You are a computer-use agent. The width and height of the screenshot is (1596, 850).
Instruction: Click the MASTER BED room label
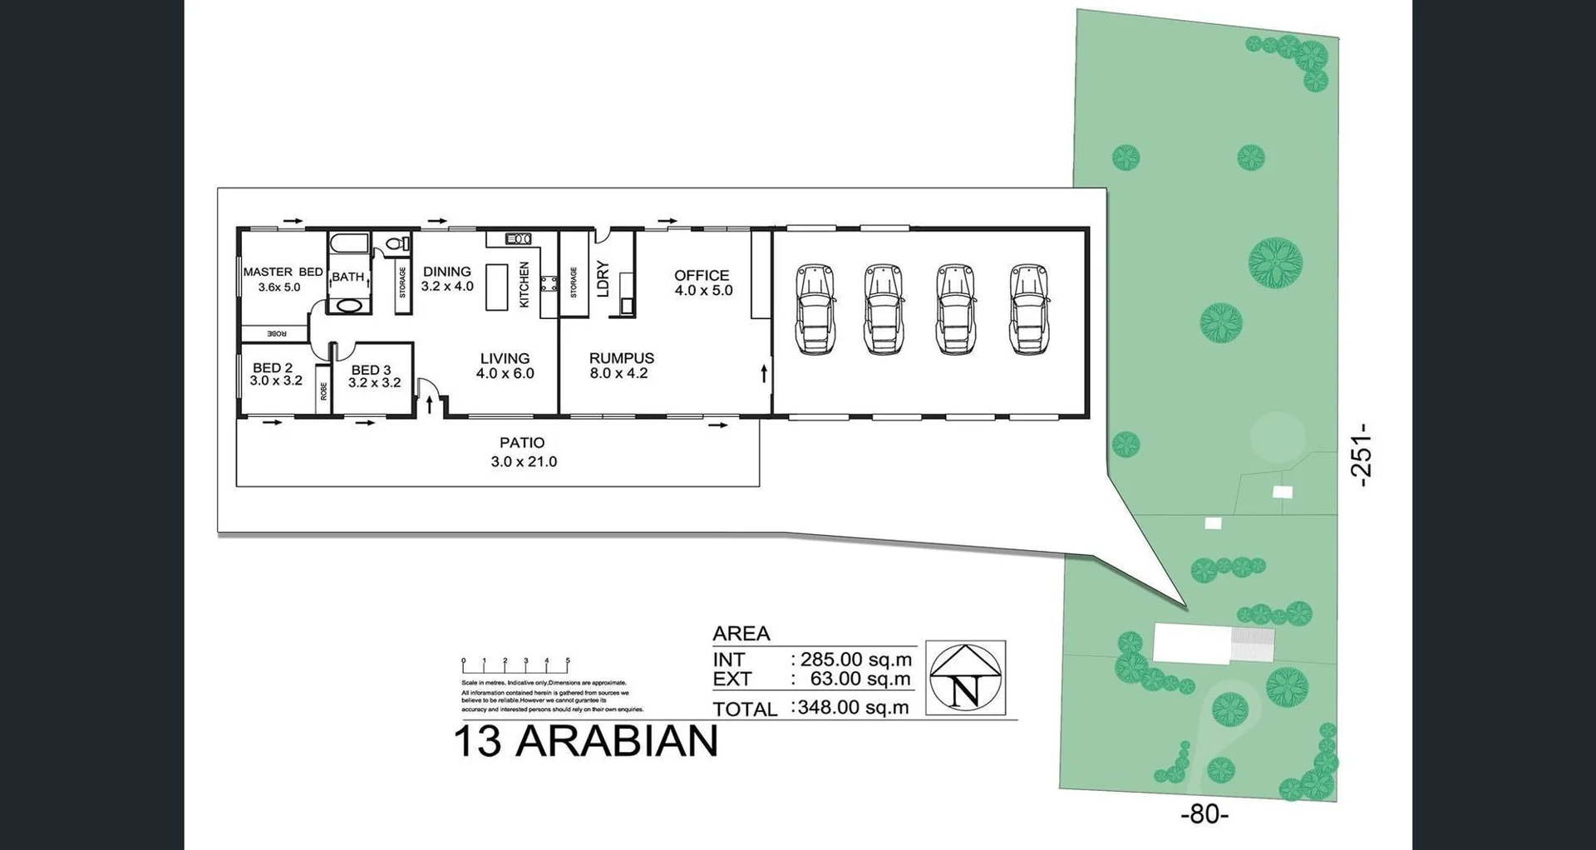[283, 272]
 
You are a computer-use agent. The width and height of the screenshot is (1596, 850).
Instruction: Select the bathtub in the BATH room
[348, 244]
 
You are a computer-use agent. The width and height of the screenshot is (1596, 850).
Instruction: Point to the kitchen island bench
[496, 287]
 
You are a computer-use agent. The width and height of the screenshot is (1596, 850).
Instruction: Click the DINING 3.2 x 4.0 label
[447, 279]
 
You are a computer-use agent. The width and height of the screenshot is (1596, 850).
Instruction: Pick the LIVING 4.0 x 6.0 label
[505, 366]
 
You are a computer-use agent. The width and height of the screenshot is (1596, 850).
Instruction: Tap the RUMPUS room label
[621, 358]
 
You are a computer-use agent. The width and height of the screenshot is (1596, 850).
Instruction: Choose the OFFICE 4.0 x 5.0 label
[702, 283]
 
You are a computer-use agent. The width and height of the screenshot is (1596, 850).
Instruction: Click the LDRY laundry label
[603, 279]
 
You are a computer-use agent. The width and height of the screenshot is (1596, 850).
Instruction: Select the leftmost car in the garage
[815, 309]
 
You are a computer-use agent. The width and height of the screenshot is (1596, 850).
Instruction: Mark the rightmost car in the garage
[1028, 309]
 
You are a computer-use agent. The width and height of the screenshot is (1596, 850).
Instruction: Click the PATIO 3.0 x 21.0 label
[523, 452]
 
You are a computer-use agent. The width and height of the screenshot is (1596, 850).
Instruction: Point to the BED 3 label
[372, 370]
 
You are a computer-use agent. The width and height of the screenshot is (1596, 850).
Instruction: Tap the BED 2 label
[273, 367]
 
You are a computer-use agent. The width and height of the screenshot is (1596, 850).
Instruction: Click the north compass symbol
[965, 677]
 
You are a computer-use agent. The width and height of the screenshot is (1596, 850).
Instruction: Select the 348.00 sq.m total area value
[851, 708]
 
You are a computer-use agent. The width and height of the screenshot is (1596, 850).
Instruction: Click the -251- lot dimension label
[1360, 454]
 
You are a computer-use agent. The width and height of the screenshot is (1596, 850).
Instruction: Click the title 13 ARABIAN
[585, 741]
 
